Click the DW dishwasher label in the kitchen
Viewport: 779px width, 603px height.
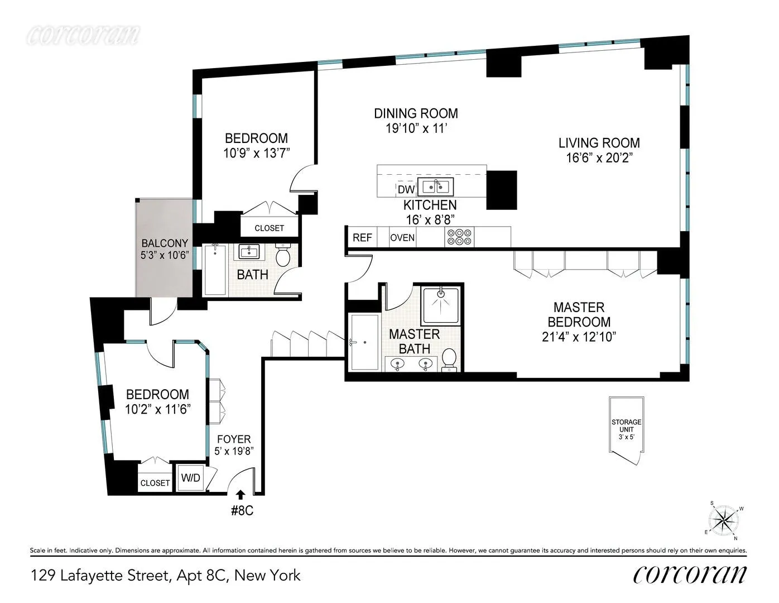click(406, 190)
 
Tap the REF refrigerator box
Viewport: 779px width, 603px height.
click(362, 238)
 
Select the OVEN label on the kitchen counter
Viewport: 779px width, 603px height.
click(402, 238)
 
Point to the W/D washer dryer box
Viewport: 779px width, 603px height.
click(190, 478)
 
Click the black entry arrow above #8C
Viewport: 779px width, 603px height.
click(241, 494)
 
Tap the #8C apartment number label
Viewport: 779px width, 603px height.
click(242, 510)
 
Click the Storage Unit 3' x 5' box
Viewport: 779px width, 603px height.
click(626, 429)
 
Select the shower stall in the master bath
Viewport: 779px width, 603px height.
click(440, 305)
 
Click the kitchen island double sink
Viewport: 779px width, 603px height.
click(437, 186)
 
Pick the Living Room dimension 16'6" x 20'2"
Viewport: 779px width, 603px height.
click(599, 158)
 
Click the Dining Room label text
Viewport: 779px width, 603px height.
click(416, 113)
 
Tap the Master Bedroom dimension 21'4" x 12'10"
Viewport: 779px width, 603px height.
click(579, 337)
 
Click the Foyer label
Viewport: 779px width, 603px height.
click(234, 439)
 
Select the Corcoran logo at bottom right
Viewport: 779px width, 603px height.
click(690, 575)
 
